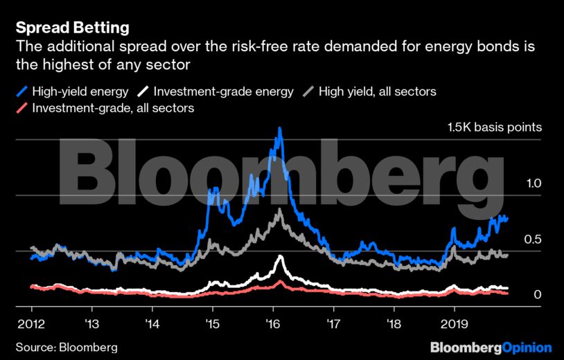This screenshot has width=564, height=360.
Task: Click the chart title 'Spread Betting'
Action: (72, 28)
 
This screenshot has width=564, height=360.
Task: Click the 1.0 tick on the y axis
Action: (532, 183)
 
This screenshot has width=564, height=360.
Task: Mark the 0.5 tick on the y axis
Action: (532, 240)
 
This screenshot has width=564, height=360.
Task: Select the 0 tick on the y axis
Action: (537, 295)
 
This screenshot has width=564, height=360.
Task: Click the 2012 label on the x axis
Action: (31, 323)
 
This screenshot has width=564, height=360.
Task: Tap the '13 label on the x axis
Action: (91, 323)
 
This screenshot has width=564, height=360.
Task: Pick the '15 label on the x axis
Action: (213, 323)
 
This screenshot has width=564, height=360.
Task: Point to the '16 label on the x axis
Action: (273, 323)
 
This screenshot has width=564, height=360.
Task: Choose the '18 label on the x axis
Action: (394, 323)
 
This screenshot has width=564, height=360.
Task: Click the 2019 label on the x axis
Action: (454, 323)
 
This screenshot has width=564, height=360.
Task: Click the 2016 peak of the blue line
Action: (279, 128)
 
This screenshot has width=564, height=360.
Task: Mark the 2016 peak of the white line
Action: (280, 257)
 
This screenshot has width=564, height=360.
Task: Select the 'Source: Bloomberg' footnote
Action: (67, 347)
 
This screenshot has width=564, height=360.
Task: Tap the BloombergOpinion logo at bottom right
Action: (491, 347)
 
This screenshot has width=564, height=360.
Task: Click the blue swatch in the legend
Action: (22, 91)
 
